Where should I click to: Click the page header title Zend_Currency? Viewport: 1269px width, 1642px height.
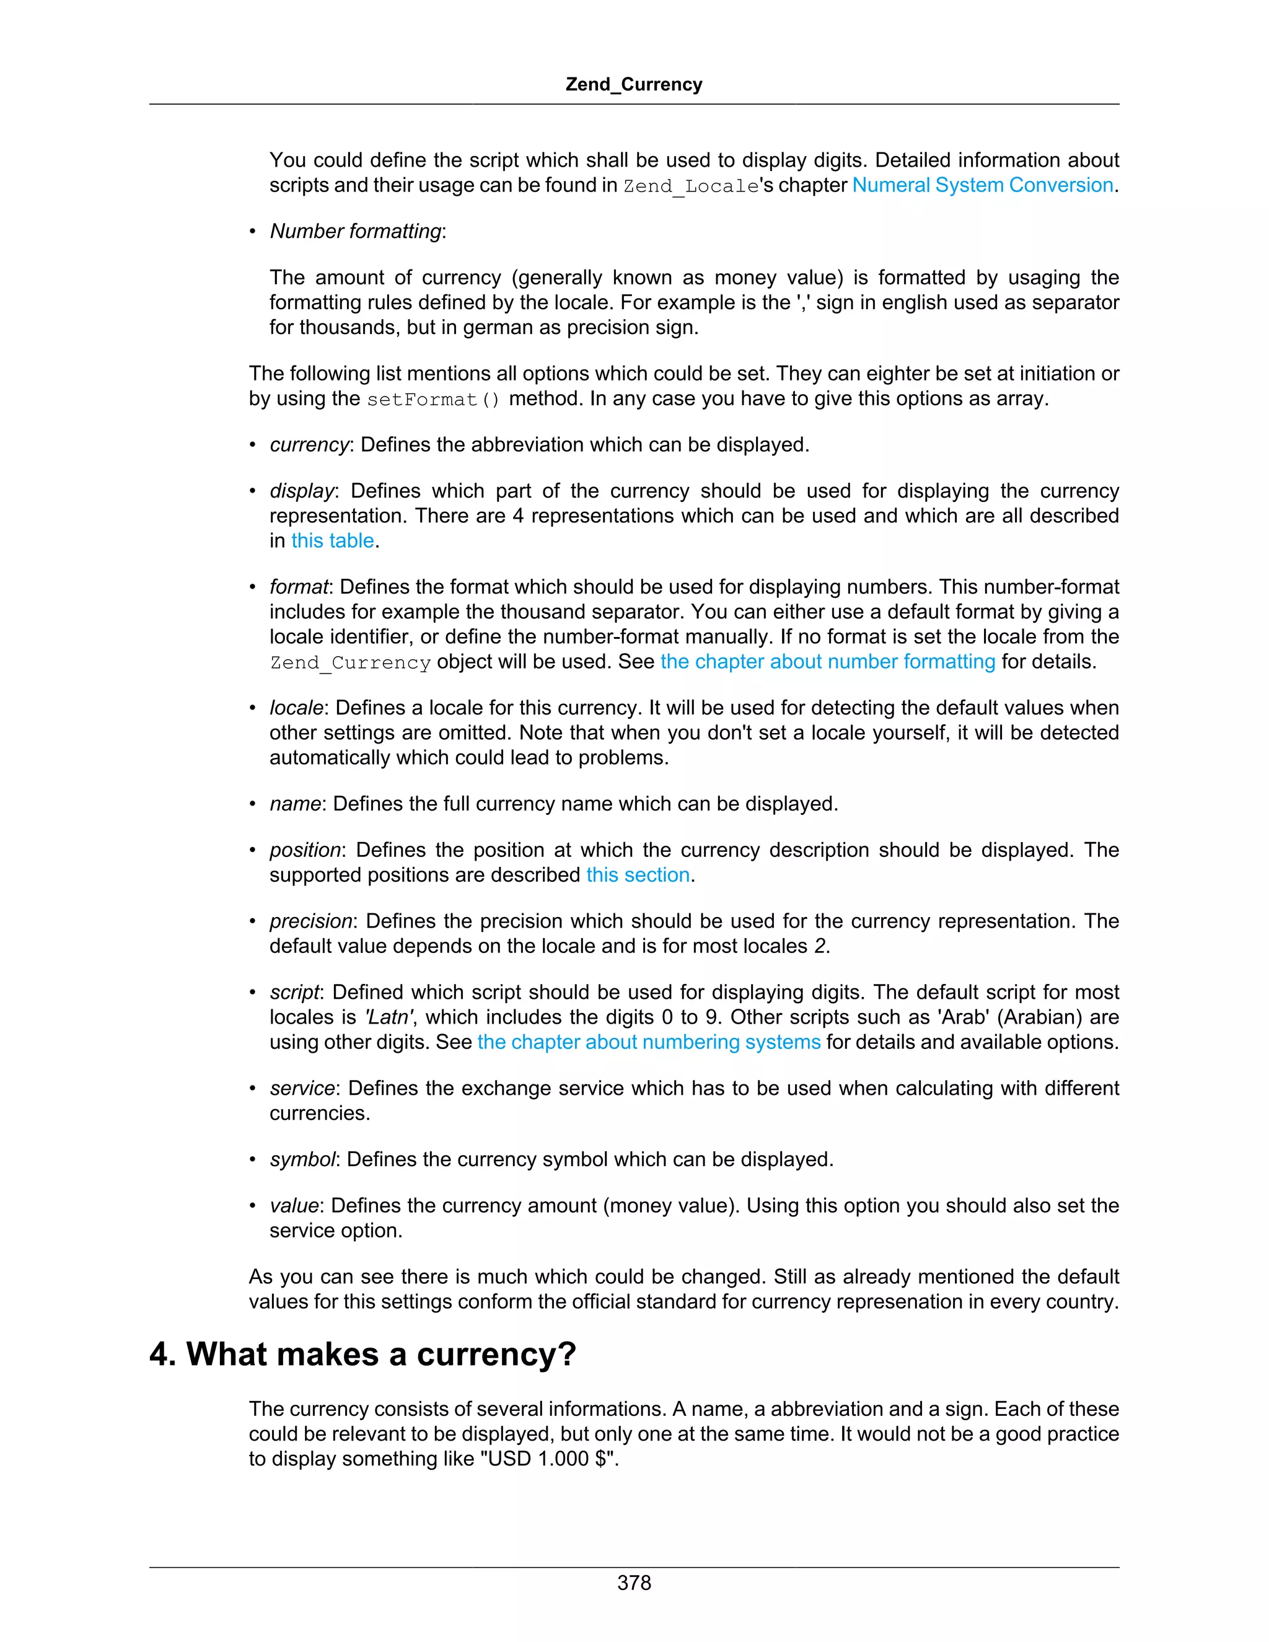634,84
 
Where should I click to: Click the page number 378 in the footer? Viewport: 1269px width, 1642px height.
634,1583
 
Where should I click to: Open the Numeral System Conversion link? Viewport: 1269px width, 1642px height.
982,185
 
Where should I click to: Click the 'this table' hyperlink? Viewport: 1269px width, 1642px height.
332,540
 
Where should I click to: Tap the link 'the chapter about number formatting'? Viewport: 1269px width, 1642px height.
828,662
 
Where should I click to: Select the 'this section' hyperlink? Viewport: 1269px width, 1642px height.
638,875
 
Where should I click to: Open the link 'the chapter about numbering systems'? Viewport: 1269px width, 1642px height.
649,1042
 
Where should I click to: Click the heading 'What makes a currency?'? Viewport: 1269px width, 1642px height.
362,1354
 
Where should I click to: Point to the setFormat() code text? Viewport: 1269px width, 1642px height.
433,399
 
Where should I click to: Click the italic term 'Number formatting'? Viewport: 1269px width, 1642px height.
356,232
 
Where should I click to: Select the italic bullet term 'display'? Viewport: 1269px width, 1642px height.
302,491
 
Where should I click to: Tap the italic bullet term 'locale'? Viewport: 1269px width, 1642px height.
296,708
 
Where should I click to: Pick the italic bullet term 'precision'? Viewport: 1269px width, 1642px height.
311,922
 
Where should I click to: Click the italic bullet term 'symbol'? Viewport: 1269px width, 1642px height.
302,1159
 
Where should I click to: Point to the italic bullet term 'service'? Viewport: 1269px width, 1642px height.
302,1089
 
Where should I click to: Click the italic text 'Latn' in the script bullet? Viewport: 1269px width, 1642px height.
389,1017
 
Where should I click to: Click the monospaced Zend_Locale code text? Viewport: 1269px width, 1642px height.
691,187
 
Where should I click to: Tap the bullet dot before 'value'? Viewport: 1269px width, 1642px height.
253,1206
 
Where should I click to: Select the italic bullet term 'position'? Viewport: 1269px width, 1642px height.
305,850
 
